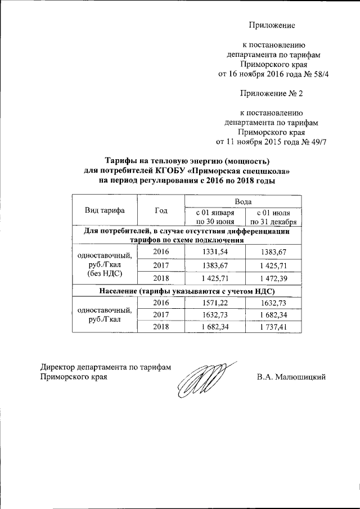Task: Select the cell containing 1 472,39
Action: pyautogui.click(x=272, y=278)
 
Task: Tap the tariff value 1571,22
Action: pyautogui.click(x=215, y=303)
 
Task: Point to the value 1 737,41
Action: pyautogui.click(x=272, y=327)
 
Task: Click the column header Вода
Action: pyautogui.click(x=243, y=201)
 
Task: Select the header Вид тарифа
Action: pyautogui.click(x=105, y=211)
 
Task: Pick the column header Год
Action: pyautogui.click(x=161, y=211)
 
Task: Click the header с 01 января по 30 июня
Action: pyautogui.click(x=215, y=217)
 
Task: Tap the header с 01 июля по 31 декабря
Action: pyautogui.click(x=273, y=217)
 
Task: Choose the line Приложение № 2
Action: pyautogui.click(x=272, y=93)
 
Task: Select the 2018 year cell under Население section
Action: pyautogui.click(x=161, y=327)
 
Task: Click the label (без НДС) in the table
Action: pyautogui.click(x=105, y=274)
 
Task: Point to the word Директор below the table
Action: pyautogui.click(x=59, y=367)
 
